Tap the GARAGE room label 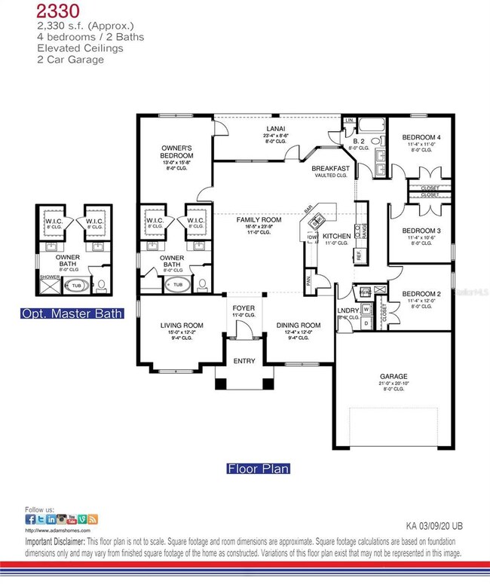tap(394, 375)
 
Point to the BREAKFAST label tap(331, 168)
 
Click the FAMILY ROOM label tap(254, 219)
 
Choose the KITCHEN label tap(336, 236)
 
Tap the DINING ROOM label tap(299, 326)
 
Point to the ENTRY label tap(244, 361)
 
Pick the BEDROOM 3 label tap(421, 231)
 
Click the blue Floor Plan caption tap(259, 469)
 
